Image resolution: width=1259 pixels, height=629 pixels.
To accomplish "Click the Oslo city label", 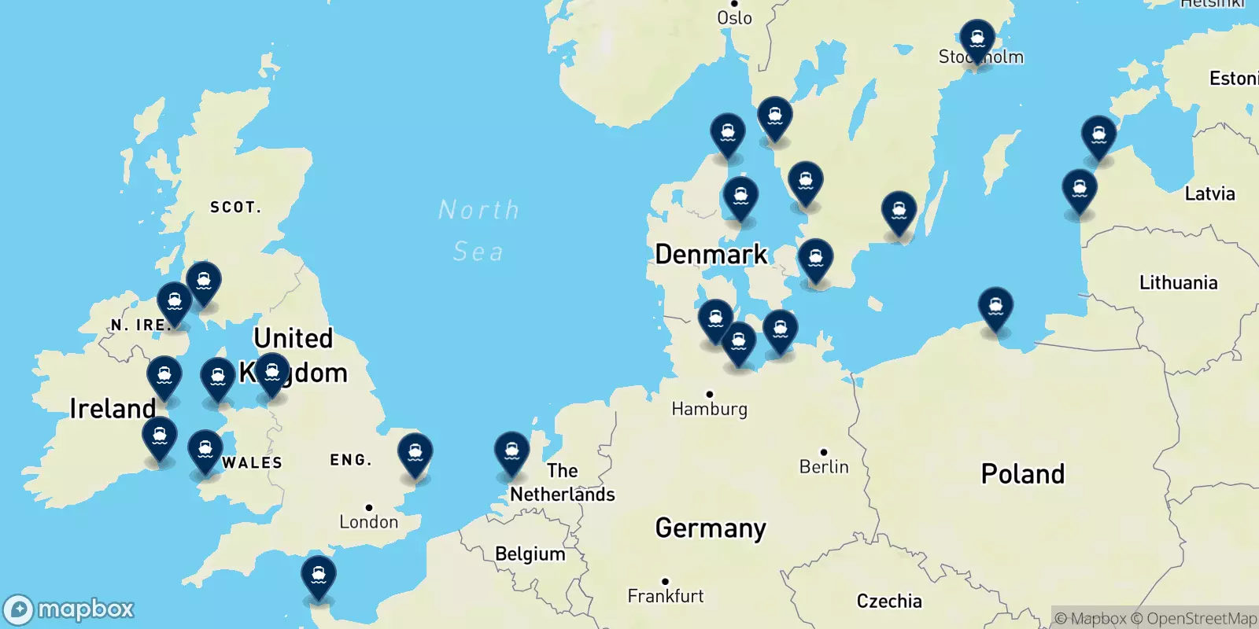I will [734, 17].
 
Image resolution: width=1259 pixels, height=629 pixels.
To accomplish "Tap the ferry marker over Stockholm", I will [977, 39].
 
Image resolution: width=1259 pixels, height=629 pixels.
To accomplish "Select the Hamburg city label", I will [709, 408].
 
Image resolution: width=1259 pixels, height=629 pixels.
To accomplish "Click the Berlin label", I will [824, 466].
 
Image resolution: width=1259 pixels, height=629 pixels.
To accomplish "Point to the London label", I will [368, 521].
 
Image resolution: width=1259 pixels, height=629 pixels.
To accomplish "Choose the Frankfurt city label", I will [665, 596].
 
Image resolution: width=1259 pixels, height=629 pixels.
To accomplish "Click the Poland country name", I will [1022, 473].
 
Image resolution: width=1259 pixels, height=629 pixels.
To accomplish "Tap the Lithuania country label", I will [1178, 282].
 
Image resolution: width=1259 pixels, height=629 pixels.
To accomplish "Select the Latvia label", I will [1209, 193].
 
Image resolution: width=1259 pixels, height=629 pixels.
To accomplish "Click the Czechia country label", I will [888, 601].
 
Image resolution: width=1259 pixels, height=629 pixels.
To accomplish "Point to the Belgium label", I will [530, 554].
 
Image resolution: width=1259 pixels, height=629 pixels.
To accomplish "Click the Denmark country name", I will [711, 254].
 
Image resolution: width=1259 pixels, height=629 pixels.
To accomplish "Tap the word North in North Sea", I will [478, 210].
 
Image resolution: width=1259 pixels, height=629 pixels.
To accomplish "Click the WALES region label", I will [252, 462].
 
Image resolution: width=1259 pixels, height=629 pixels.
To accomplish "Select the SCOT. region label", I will [235, 207].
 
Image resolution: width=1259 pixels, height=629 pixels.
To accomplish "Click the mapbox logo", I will [69, 609].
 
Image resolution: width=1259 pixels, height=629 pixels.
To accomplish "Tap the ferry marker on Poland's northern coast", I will [995, 307].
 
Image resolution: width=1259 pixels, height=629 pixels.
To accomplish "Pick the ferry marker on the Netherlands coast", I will [511, 452].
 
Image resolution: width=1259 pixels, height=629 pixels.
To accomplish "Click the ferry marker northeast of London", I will [415, 453].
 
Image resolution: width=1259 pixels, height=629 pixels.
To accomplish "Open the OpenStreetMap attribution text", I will [1201, 619].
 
